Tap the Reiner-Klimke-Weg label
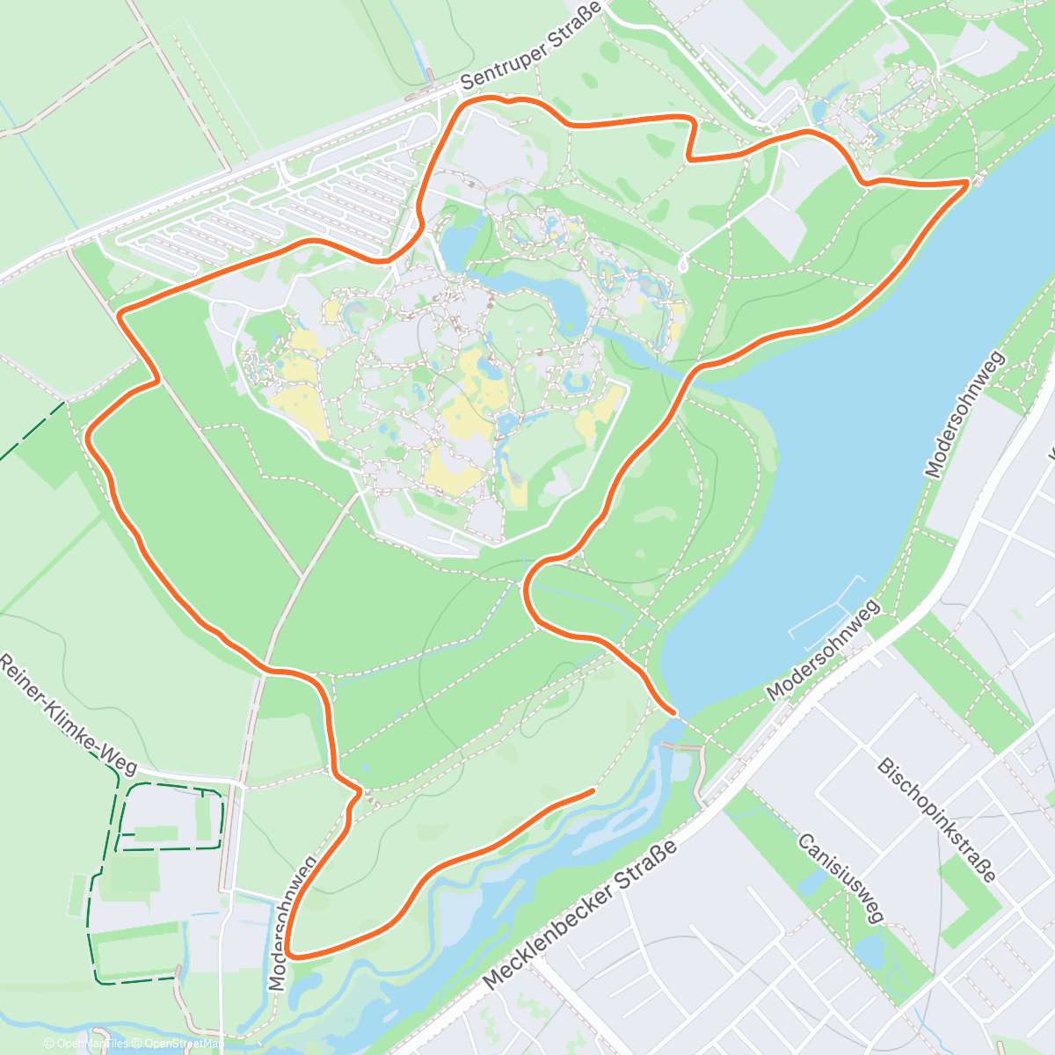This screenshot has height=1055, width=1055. [69, 714]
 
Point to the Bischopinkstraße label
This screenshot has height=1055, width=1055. [937, 819]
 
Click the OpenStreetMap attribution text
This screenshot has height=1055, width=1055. [181, 1044]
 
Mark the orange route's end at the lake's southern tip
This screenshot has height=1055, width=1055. [673, 711]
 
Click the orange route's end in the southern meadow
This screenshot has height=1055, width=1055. [593, 791]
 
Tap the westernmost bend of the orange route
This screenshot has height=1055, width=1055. [89, 434]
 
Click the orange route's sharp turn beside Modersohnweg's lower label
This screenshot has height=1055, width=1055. [289, 955]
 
